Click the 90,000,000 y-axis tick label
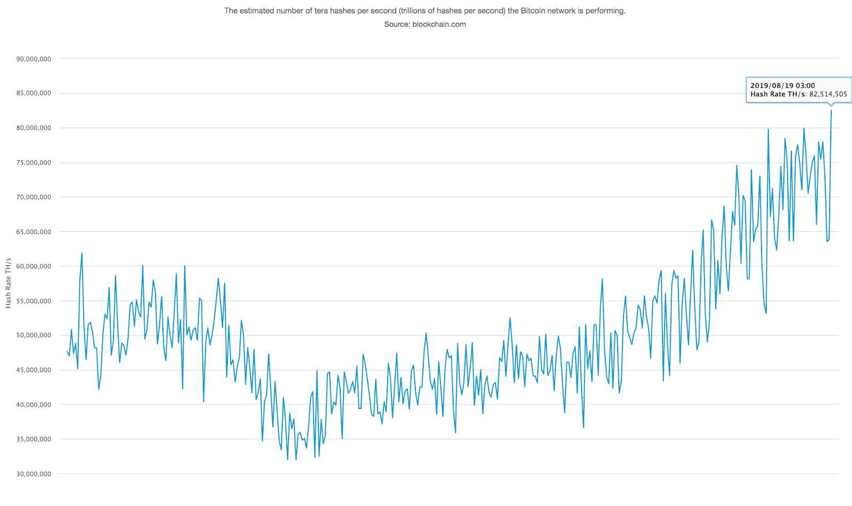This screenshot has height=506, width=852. pyautogui.click(x=33, y=59)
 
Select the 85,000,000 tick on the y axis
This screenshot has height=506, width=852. pyautogui.click(x=33, y=93)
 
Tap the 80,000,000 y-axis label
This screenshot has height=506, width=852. pyautogui.click(x=33, y=128)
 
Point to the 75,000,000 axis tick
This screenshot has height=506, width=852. pyautogui.click(x=33, y=162)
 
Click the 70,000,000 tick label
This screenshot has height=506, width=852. pyautogui.click(x=33, y=197)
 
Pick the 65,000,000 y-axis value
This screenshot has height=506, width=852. pyautogui.click(x=33, y=232)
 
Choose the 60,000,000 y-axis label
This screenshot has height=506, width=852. pyautogui.click(x=33, y=266)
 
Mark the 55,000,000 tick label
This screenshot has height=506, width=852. pyautogui.click(x=33, y=301)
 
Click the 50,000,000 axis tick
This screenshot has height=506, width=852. pyautogui.click(x=33, y=336)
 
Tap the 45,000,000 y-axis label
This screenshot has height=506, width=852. pyautogui.click(x=33, y=370)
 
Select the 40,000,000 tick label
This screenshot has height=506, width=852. pyautogui.click(x=33, y=405)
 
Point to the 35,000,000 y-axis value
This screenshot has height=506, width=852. pyautogui.click(x=33, y=439)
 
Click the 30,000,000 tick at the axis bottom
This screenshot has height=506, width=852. pyautogui.click(x=33, y=474)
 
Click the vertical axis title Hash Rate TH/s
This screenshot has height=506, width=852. pyautogui.click(x=9, y=283)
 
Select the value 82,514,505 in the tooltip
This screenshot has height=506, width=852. pyautogui.click(x=828, y=94)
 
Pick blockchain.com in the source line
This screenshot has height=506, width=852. pyautogui.click(x=439, y=24)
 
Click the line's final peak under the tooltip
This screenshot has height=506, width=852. pyautogui.click(x=831, y=111)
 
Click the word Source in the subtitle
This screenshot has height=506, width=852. pyautogui.click(x=396, y=24)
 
